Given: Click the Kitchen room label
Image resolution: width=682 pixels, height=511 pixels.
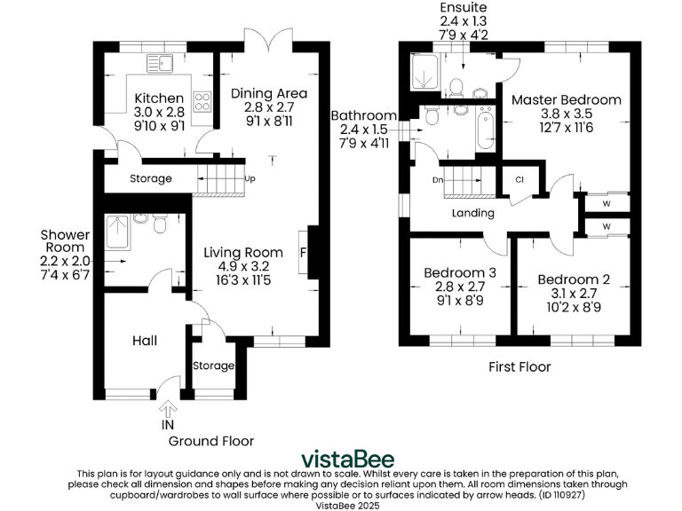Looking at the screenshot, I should pos(159,98).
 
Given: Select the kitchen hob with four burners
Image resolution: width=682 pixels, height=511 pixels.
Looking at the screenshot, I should pos(202,102).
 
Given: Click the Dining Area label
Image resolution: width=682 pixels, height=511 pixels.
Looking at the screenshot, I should pos(269,93).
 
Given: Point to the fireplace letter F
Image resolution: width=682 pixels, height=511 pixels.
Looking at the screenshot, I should pos(304,253).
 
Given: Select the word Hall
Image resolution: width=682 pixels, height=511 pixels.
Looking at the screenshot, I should pos(145,341).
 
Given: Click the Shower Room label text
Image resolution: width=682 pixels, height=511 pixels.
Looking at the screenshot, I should pos(65,241).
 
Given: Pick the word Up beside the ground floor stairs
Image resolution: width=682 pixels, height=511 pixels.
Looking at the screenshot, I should pos(251,178).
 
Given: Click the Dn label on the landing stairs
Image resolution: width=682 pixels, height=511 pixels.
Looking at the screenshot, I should pos(438,180).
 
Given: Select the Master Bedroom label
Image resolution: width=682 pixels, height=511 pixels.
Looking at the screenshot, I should pos(566,100).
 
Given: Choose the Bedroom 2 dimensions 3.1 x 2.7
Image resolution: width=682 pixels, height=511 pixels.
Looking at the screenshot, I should pos(574,294).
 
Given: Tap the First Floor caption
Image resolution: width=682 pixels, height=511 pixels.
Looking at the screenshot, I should pos(520,366).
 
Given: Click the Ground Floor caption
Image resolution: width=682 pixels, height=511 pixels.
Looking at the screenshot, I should pos(211,441).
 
